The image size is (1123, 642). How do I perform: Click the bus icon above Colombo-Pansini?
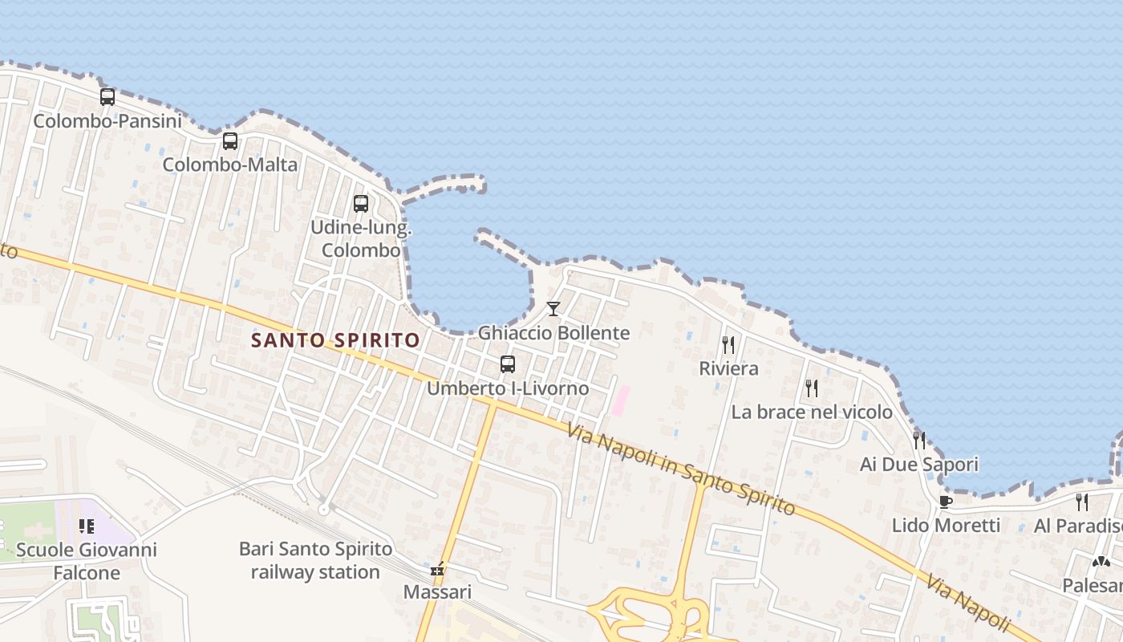pos(107,97)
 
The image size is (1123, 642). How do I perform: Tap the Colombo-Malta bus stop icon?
pos(230,141)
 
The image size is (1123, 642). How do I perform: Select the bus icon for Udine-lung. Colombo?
pos(361,204)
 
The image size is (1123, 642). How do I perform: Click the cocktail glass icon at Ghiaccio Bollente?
pos(553,309)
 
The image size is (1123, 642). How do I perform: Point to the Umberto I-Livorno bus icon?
pos(508,364)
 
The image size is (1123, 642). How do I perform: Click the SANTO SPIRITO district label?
pos(335,340)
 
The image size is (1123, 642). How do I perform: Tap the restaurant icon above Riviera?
pos(728,345)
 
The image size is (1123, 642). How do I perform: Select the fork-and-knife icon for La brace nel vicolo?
pos(812,388)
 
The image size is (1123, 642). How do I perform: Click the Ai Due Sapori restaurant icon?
pos(919,441)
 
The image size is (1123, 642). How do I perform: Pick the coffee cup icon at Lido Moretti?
pos(946,502)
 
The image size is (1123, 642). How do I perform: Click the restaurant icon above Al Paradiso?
pos(1082,502)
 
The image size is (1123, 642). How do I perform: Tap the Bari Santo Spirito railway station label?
pos(315,560)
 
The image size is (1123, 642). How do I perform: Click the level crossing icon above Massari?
pos(437,569)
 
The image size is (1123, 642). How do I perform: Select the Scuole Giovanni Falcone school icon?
pos(87,527)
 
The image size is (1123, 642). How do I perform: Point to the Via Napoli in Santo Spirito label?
pos(681,470)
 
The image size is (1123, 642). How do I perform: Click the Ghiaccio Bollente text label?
pos(553,332)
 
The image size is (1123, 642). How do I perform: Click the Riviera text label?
pos(728,368)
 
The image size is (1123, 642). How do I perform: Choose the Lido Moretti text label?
pos(946,526)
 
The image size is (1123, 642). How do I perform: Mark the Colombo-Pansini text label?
pos(107,121)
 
